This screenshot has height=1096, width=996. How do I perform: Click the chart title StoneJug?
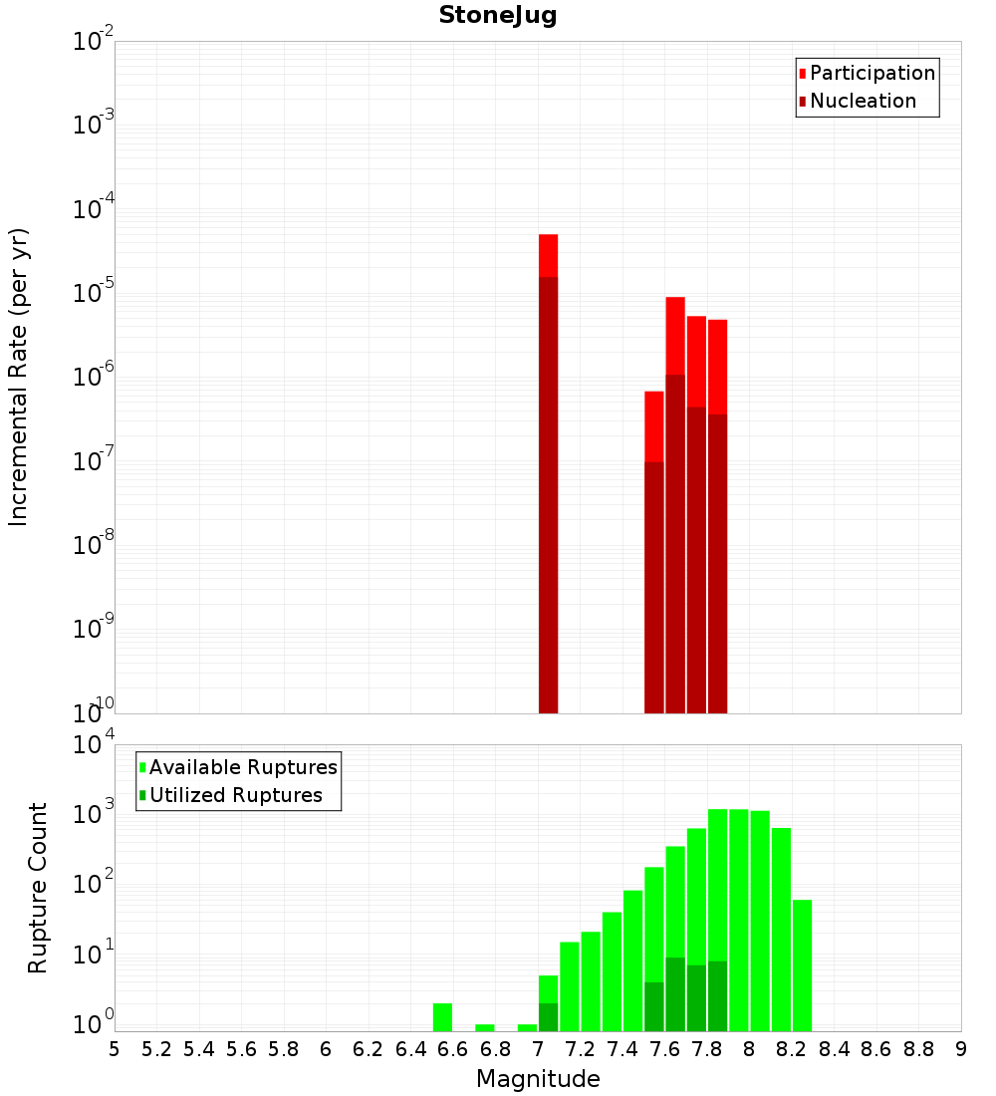pyautogui.click(x=497, y=16)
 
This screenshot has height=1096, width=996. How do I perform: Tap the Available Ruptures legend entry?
pyautogui.click(x=243, y=767)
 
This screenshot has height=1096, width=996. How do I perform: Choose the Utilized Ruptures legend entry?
pyautogui.click(x=235, y=795)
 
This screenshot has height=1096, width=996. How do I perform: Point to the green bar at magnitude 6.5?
pyautogui.click(x=442, y=1017)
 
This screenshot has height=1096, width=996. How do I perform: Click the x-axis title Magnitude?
pyautogui.click(x=538, y=1079)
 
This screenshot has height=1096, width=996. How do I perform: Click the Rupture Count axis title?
pyautogui.click(x=38, y=888)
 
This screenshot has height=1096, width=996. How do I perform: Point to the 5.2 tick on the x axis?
pyautogui.click(x=157, y=1049)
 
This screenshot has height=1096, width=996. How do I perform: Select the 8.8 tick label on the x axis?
pyautogui.click(x=918, y=1049)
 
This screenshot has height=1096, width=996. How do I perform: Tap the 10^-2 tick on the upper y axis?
pyautogui.click(x=93, y=42)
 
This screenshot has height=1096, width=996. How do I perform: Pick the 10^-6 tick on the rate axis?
pyautogui.click(x=93, y=378)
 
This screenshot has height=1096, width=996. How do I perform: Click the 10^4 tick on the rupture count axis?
pyautogui.click(x=93, y=745)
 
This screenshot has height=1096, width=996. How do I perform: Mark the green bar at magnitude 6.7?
pyautogui.click(x=485, y=1027)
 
